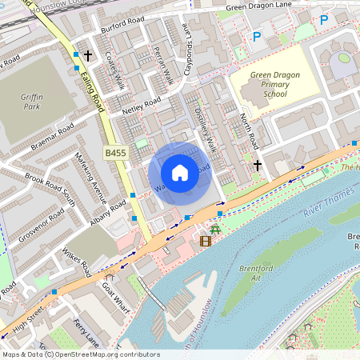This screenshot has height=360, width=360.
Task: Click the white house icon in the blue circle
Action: pyautogui.click(x=180, y=173)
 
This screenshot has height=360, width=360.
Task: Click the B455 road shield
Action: pyautogui.click(x=115, y=151)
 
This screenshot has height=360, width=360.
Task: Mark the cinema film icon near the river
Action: pyautogui.click(x=206, y=239)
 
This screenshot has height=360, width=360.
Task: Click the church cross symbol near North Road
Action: pyautogui.click(x=257, y=165)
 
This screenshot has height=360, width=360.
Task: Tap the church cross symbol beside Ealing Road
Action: pyautogui.click(x=88, y=56)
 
